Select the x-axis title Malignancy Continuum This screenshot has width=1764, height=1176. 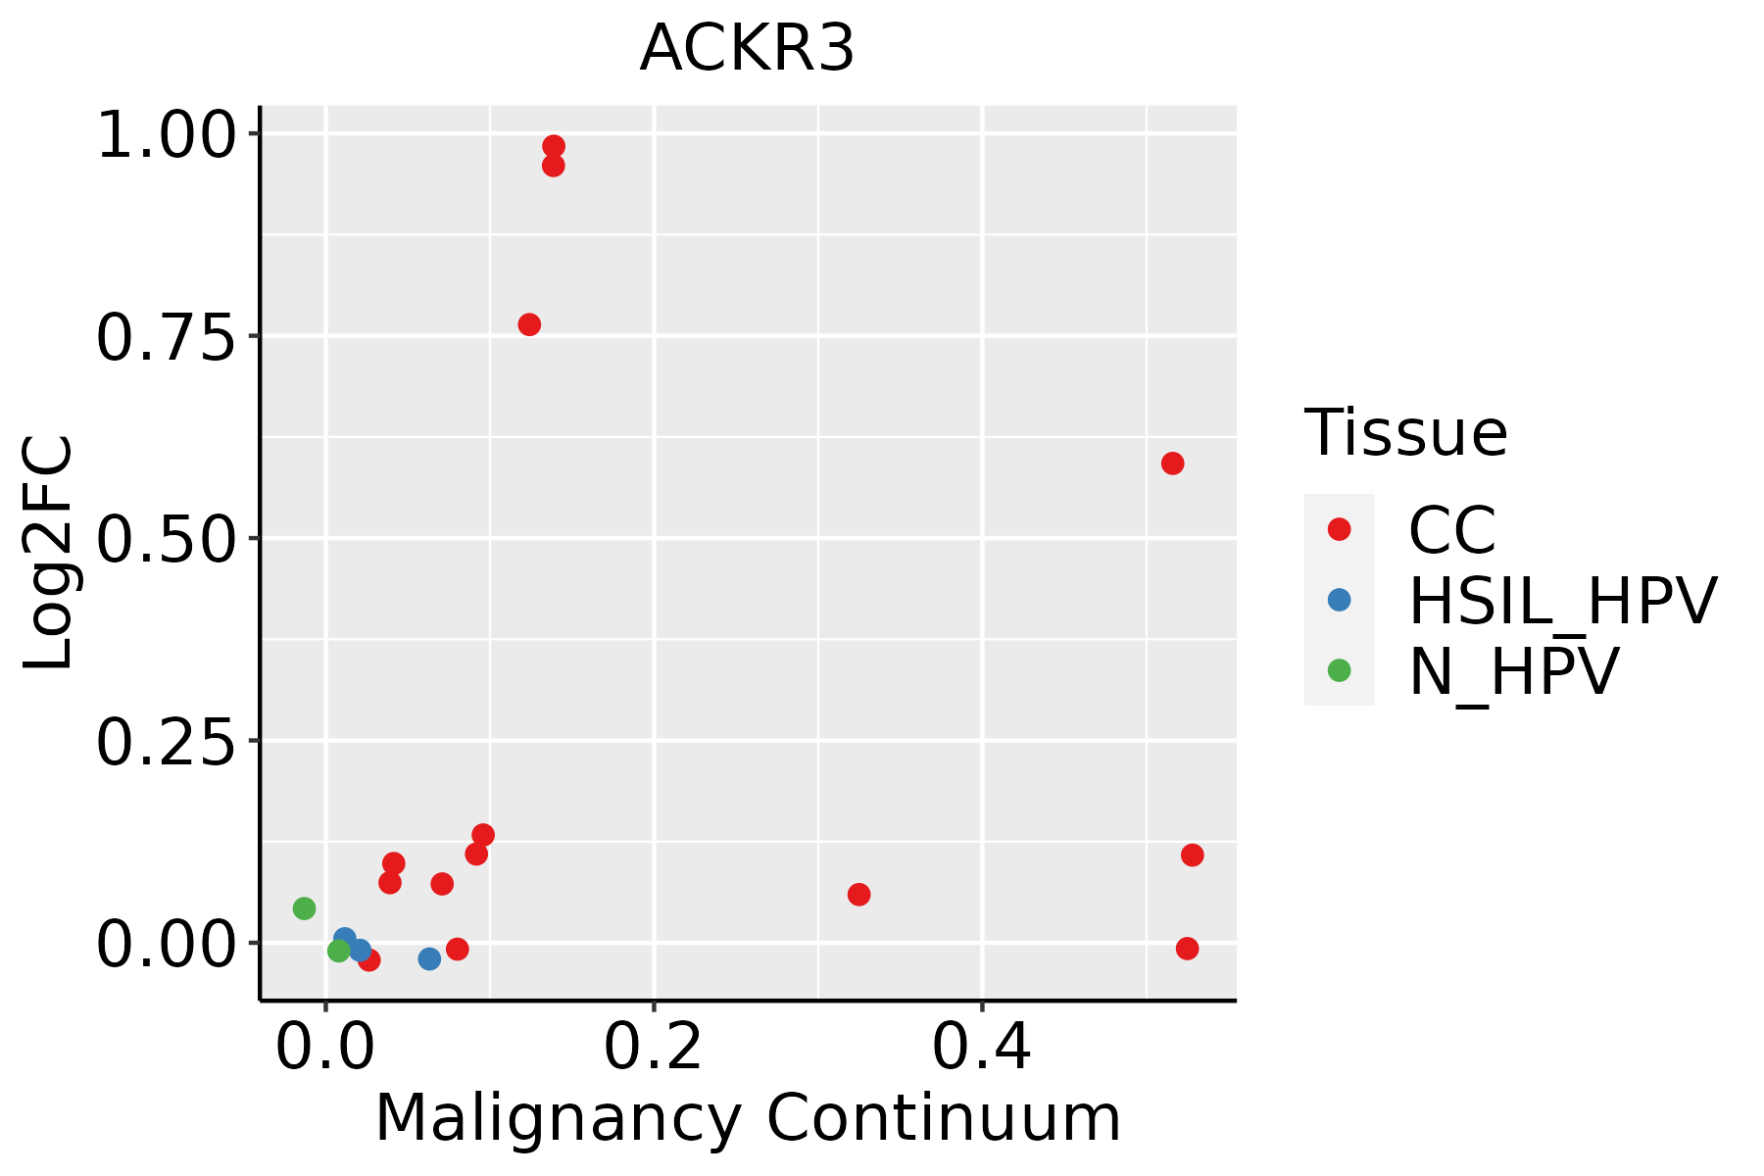pos(747,1118)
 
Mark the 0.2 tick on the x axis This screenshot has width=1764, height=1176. pos(653,1047)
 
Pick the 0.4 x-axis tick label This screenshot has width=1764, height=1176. pos(981,1047)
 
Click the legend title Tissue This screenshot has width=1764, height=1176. pos(1405,432)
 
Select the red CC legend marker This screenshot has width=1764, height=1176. pos(1339,529)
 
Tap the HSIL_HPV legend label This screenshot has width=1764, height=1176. pos(1562,601)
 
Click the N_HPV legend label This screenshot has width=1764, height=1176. pos(1513,671)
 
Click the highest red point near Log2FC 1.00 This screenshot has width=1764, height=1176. pos(554,146)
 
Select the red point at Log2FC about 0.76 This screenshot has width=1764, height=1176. pos(529,324)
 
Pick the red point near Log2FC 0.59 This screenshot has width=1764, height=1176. pos(1172,464)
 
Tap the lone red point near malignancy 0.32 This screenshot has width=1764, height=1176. pos(858,894)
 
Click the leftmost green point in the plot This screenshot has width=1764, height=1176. pos(304,908)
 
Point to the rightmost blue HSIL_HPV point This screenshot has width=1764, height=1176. pos(429,958)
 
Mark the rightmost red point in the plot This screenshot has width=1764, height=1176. pos(1192,855)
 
